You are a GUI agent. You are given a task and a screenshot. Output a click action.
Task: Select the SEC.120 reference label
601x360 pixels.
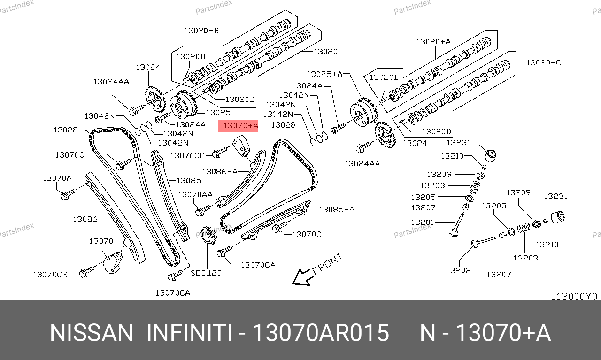point(206,273)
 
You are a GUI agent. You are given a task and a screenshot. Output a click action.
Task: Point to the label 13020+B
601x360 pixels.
point(201,31)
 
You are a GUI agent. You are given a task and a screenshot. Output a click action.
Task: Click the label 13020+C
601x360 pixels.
point(543,62)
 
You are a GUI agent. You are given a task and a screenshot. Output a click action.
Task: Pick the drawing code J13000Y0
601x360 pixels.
point(573,297)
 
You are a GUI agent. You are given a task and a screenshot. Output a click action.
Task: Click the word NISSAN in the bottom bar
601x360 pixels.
point(92,333)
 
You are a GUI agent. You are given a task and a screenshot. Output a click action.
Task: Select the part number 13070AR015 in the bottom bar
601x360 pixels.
point(321,333)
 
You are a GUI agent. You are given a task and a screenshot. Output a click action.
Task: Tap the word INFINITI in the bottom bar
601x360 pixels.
point(189,333)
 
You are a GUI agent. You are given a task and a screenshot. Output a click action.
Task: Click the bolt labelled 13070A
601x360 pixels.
point(65,195)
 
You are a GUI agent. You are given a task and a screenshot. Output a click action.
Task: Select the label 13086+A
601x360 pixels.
point(219,172)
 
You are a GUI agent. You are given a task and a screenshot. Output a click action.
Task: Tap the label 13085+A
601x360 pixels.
point(336,209)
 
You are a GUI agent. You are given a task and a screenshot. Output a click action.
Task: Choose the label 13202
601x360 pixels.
point(458,270)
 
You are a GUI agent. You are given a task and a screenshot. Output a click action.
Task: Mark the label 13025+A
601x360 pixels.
point(325,74)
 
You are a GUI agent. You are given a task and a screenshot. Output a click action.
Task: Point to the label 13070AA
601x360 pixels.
point(195,194)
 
